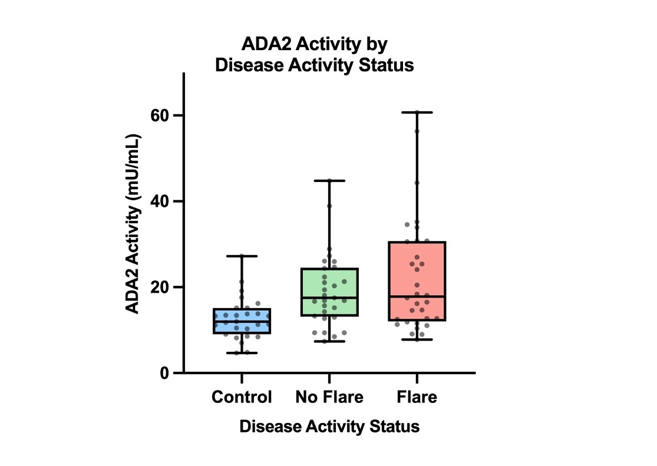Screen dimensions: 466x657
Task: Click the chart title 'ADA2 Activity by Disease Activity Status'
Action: tap(314, 55)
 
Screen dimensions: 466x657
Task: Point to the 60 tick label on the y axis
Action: tap(165, 115)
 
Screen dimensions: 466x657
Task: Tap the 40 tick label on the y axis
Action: tap(165, 201)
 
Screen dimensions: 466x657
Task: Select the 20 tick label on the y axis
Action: tap(165, 287)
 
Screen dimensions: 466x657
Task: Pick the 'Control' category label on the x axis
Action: tap(242, 397)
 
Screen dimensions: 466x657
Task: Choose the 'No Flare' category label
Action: tap(329, 397)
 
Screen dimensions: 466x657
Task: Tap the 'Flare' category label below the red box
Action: tap(417, 397)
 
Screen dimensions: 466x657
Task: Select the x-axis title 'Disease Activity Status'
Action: tap(329, 427)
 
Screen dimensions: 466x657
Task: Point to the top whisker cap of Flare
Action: tap(417, 112)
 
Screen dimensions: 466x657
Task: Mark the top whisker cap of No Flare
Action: tap(329, 180)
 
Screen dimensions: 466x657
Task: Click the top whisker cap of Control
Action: tap(242, 256)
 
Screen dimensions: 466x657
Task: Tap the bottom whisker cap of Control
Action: tap(242, 353)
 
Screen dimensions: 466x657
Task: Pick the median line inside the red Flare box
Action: tap(417, 296)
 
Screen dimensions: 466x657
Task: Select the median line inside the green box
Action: tap(329, 298)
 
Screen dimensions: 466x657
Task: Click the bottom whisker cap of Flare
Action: tap(417, 340)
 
